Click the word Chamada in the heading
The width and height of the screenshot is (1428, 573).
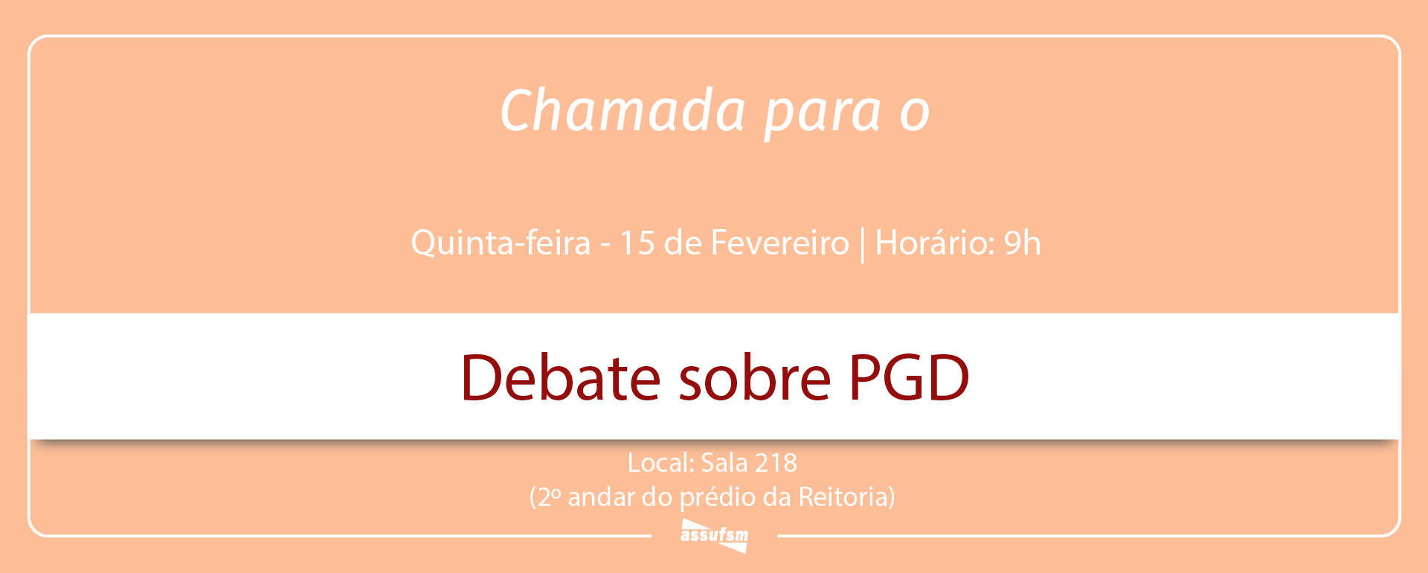(623, 110)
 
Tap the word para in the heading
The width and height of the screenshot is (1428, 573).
(823, 113)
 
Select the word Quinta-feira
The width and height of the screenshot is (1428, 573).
(501, 243)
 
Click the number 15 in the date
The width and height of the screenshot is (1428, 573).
(637, 243)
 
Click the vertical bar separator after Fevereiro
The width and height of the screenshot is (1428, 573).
(862, 245)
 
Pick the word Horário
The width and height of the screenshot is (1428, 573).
(935, 243)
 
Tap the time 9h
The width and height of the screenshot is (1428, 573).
(1023, 243)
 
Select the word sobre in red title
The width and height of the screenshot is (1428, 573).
(754, 378)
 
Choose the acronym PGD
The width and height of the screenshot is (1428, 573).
(909, 378)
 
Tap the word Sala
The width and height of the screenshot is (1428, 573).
(724, 463)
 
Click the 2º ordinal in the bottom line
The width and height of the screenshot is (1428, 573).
(548, 497)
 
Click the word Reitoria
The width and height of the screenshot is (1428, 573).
(843, 497)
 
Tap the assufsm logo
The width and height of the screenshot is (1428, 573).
(715, 535)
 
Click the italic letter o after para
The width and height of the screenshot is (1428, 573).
(915, 114)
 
